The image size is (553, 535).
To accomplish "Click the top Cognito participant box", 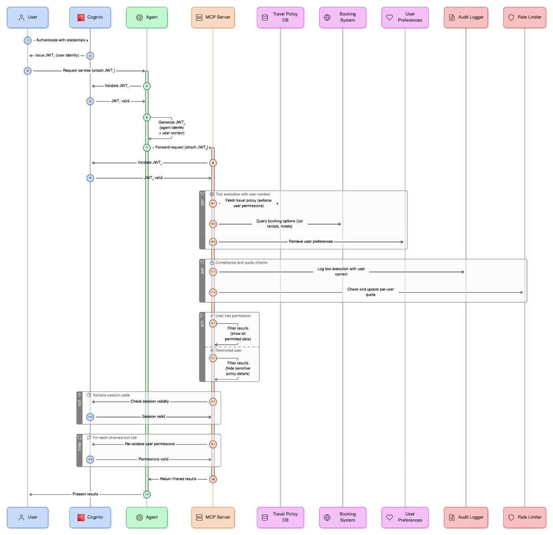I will (x=90, y=17).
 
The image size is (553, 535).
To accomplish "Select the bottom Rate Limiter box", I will (x=525, y=517).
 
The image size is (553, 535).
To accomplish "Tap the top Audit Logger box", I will (x=466, y=17).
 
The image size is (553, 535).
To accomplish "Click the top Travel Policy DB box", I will (x=280, y=17).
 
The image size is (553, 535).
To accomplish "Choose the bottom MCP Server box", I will (x=213, y=517).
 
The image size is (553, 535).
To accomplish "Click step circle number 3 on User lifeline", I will (x=28, y=71).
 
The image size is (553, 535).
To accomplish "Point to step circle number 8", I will (x=213, y=163).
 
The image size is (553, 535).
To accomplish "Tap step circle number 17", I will (x=147, y=494).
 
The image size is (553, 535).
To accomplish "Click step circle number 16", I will (x=213, y=479).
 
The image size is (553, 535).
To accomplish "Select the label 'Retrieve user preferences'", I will (x=310, y=242).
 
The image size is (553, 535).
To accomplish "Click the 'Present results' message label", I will (x=85, y=494).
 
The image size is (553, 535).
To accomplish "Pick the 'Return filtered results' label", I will (x=178, y=479).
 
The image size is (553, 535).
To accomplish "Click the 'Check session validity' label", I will (x=150, y=402).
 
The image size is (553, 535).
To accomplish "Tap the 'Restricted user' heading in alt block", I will (x=228, y=351).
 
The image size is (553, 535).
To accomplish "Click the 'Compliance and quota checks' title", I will (x=241, y=263).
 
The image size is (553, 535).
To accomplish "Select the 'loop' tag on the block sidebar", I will (x=79, y=447).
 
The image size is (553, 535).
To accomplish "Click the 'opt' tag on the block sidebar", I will (x=79, y=403).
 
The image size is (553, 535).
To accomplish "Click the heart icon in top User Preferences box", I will (x=389, y=17).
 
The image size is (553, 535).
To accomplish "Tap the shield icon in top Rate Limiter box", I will (x=511, y=17).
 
